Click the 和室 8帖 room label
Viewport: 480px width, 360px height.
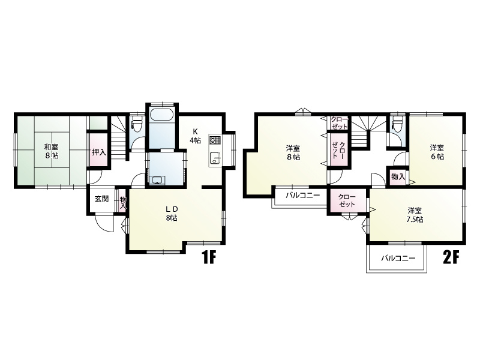click(x=52, y=151)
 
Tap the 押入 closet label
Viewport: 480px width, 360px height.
click(x=99, y=152)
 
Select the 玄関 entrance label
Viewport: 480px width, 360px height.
click(x=101, y=199)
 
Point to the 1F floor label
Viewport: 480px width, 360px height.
click(x=208, y=257)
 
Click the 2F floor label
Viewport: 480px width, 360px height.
click(x=451, y=257)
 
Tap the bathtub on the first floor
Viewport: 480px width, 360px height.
click(x=162, y=116)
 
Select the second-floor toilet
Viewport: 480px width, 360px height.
click(x=397, y=123)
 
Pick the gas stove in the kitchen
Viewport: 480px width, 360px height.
click(x=215, y=140)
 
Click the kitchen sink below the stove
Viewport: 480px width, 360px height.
click(x=215, y=158)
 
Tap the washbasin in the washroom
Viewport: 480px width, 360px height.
click(x=157, y=181)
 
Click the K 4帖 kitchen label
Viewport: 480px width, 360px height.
click(x=195, y=136)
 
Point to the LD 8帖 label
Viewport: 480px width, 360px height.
click(x=172, y=214)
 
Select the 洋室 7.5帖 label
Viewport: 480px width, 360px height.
click(x=415, y=215)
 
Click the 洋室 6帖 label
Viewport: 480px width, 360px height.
click(x=437, y=152)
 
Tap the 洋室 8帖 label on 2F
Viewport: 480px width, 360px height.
click(x=293, y=153)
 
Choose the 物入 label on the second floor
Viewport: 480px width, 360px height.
click(x=398, y=176)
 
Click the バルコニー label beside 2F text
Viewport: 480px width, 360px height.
click(x=398, y=258)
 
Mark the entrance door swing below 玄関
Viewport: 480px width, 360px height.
click(x=104, y=223)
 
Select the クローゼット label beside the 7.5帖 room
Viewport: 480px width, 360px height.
click(x=347, y=200)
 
